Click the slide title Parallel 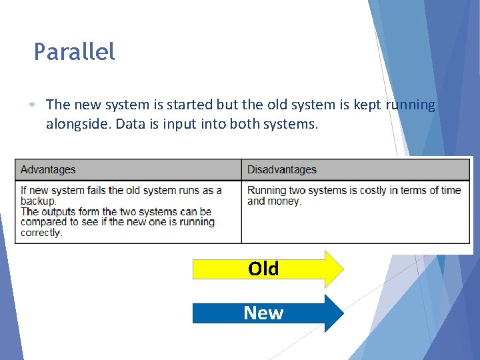click(74, 52)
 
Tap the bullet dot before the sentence click(33, 105)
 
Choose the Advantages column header click(48, 169)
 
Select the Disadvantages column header click(281, 169)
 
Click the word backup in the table click(38, 201)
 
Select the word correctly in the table click(41, 233)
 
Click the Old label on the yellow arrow click(263, 269)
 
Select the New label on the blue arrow click(263, 313)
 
